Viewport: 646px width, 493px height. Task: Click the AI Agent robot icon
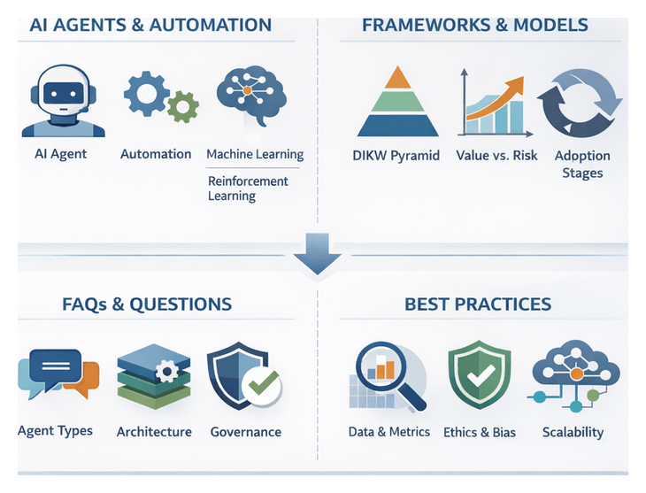click(63, 101)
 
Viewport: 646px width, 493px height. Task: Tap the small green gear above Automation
click(183, 106)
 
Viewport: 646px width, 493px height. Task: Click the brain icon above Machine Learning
click(252, 96)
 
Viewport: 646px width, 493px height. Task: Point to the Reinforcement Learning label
click(248, 188)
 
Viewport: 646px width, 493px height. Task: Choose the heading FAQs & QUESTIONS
click(147, 304)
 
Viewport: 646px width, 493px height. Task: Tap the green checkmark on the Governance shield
click(262, 385)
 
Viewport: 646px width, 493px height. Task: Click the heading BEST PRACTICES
click(478, 304)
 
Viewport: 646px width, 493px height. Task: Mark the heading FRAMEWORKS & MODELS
click(474, 24)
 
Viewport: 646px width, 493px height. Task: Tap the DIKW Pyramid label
click(396, 156)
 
